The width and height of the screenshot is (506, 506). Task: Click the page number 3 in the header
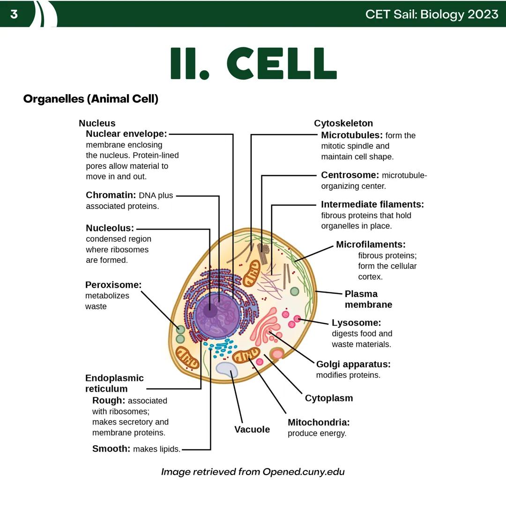click(14, 14)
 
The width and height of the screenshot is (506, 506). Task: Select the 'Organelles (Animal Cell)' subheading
click(90, 99)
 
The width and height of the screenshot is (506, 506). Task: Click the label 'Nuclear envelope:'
click(126, 134)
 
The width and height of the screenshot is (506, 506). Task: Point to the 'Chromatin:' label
click(111, 195)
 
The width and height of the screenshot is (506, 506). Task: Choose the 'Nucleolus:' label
click(110, 228)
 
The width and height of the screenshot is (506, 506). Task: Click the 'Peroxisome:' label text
click(113, 285)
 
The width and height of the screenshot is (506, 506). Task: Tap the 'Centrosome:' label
click(350, 175)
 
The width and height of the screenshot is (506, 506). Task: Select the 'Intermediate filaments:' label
click(372, 204)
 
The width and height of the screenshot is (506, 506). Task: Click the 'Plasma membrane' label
click(368, 299)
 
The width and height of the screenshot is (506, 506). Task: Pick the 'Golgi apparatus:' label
click(353, 364)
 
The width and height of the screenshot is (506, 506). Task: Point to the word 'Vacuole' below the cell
click(252, 429)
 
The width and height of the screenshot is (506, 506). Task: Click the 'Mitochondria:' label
click(319, 422)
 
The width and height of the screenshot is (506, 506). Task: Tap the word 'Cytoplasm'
click(328, 398)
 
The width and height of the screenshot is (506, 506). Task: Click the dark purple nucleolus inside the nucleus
click(210, 310)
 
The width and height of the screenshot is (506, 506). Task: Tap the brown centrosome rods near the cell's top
click(264, 253)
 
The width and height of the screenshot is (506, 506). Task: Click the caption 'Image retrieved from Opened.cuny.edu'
click(253, 471)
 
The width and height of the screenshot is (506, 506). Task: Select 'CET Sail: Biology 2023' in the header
click(432, 14)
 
